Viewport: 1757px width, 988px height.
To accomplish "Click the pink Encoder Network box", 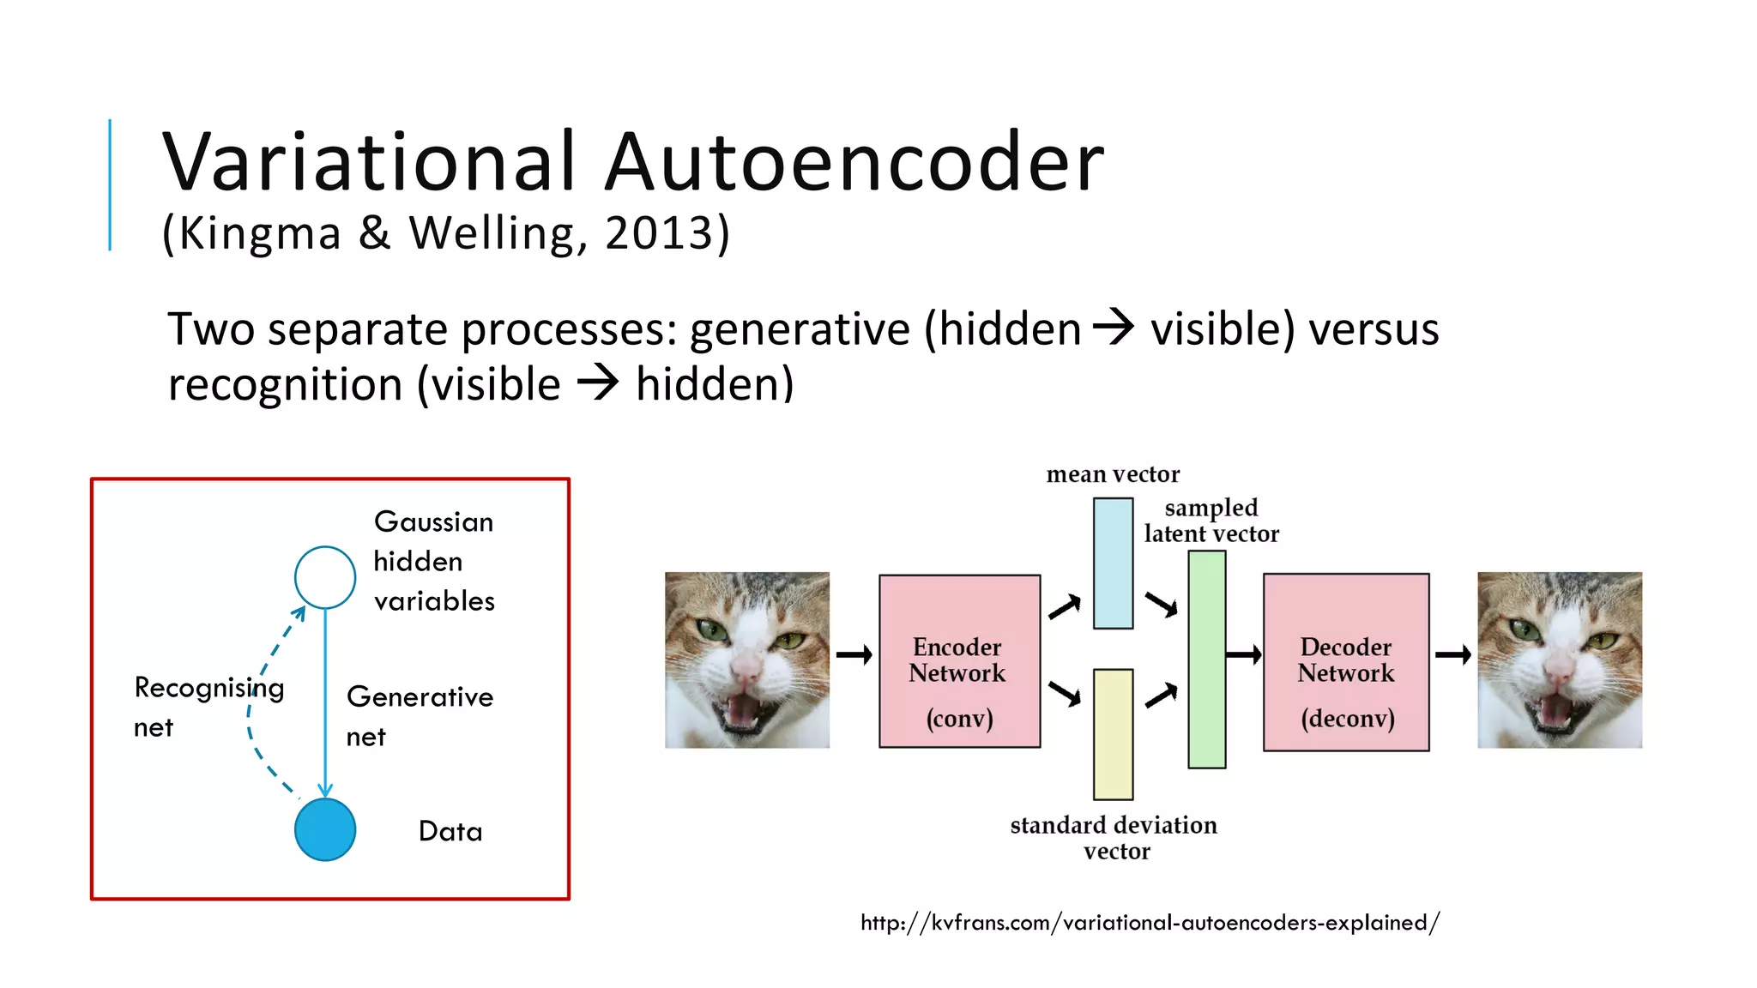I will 959,661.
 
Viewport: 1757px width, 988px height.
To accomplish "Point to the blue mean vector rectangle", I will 1113,563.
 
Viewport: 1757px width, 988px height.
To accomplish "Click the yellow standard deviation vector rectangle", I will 1113,734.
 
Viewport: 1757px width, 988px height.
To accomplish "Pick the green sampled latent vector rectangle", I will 1206,659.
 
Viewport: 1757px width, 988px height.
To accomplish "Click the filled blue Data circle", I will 325,829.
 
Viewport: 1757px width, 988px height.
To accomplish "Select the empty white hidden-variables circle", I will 325,577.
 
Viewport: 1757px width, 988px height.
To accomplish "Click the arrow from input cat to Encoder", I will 854,655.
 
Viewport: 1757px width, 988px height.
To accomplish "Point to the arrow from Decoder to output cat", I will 1452,655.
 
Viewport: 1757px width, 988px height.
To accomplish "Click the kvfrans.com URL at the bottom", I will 1150,923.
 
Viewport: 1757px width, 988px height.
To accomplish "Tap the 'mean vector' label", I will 1113,474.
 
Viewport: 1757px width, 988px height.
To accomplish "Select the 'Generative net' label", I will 419,716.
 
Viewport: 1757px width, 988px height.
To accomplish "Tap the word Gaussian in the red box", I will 434,522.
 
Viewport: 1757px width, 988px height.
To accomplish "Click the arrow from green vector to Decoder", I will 1243,655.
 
